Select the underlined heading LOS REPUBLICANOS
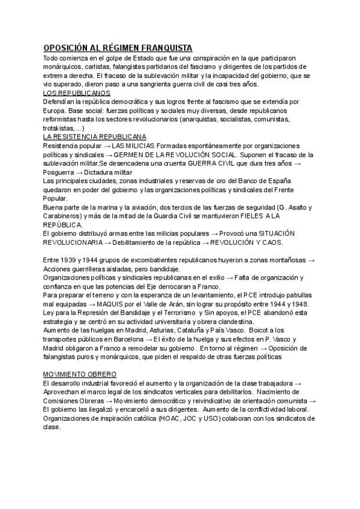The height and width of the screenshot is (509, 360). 76,94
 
